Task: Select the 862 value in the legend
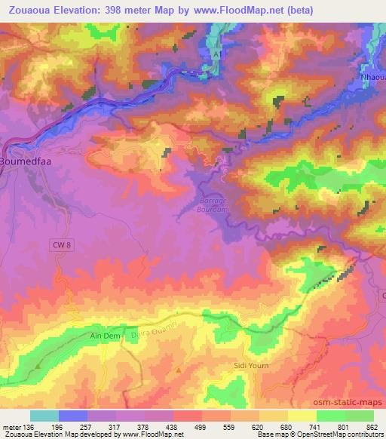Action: coord(371,426)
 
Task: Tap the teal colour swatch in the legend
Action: coord(44,416)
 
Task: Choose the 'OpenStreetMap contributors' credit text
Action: coord(339,434)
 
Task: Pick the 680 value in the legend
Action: coord(286,426)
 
